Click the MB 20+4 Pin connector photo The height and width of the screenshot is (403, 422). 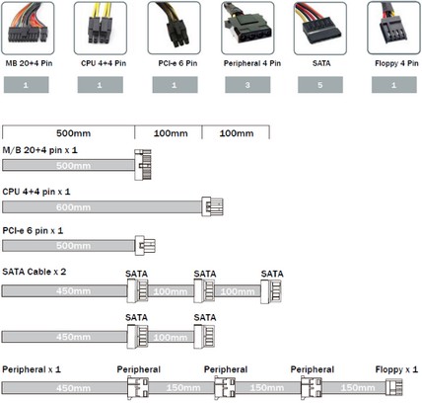point(28,28)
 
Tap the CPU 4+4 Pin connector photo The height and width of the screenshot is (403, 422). point(101,28)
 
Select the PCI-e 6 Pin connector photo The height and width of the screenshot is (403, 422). point(174,28)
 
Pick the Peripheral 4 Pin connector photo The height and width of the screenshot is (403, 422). point(247,28)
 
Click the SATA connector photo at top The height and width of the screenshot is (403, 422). point(320,28)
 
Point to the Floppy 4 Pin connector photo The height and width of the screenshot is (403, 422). point(393,28)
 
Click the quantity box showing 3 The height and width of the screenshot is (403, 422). point(247,85)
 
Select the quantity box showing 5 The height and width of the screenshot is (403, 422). point(320,85)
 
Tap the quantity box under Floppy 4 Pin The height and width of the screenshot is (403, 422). point(393,85)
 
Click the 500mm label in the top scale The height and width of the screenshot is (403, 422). point(73,133)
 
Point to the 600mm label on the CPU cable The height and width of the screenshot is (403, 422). point(73,207)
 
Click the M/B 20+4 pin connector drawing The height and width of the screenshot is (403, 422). point(143,165)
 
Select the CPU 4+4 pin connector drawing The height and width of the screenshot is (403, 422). point(212,206)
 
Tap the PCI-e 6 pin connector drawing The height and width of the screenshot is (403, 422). point(145,246)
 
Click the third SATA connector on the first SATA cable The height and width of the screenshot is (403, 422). point(271,291)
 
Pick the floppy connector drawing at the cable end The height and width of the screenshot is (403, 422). point(393,387)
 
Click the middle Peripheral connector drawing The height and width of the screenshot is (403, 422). point(225,388)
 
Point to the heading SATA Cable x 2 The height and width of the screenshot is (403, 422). point(35,272)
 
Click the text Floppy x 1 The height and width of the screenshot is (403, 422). point(396,369)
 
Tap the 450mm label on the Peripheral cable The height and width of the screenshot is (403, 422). point(73,388)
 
